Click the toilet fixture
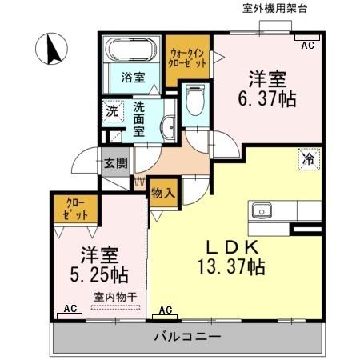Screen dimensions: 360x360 point(193,102)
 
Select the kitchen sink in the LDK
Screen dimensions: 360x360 point(262,211)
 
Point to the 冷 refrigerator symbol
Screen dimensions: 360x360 point(308,158)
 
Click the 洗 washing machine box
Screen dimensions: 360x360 point(112,110)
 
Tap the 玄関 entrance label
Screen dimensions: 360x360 point(115,163)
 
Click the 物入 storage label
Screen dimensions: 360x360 point(163,193)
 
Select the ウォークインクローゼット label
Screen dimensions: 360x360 point(188,58)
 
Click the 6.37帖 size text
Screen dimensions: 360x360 point(269,99)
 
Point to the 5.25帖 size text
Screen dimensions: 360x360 point(99,274)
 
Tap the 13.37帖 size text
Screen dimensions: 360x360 point(232,268)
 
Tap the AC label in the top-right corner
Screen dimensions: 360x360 point(307,46)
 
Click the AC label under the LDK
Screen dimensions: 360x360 point(166,310)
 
